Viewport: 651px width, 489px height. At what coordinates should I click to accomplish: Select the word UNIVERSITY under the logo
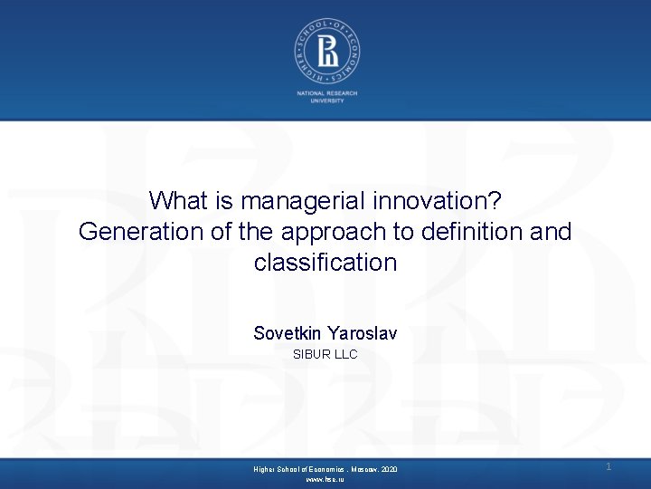coord(325,101)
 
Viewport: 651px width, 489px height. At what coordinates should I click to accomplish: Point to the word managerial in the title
coord(288,200)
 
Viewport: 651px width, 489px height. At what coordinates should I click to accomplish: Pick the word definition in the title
coord(467,232)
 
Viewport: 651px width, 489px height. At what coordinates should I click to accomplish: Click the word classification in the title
coord(325,264)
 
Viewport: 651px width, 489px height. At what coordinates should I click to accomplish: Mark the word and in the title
coord(552,232)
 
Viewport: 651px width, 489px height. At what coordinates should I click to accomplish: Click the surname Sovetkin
coord(288,333)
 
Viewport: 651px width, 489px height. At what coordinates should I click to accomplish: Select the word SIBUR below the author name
coord(311,354)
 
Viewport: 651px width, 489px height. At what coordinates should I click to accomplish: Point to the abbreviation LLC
coord(346,354)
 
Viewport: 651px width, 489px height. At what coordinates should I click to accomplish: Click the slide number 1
coord(609,466)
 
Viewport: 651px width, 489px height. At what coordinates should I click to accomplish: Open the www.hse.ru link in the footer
coord(325,479)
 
